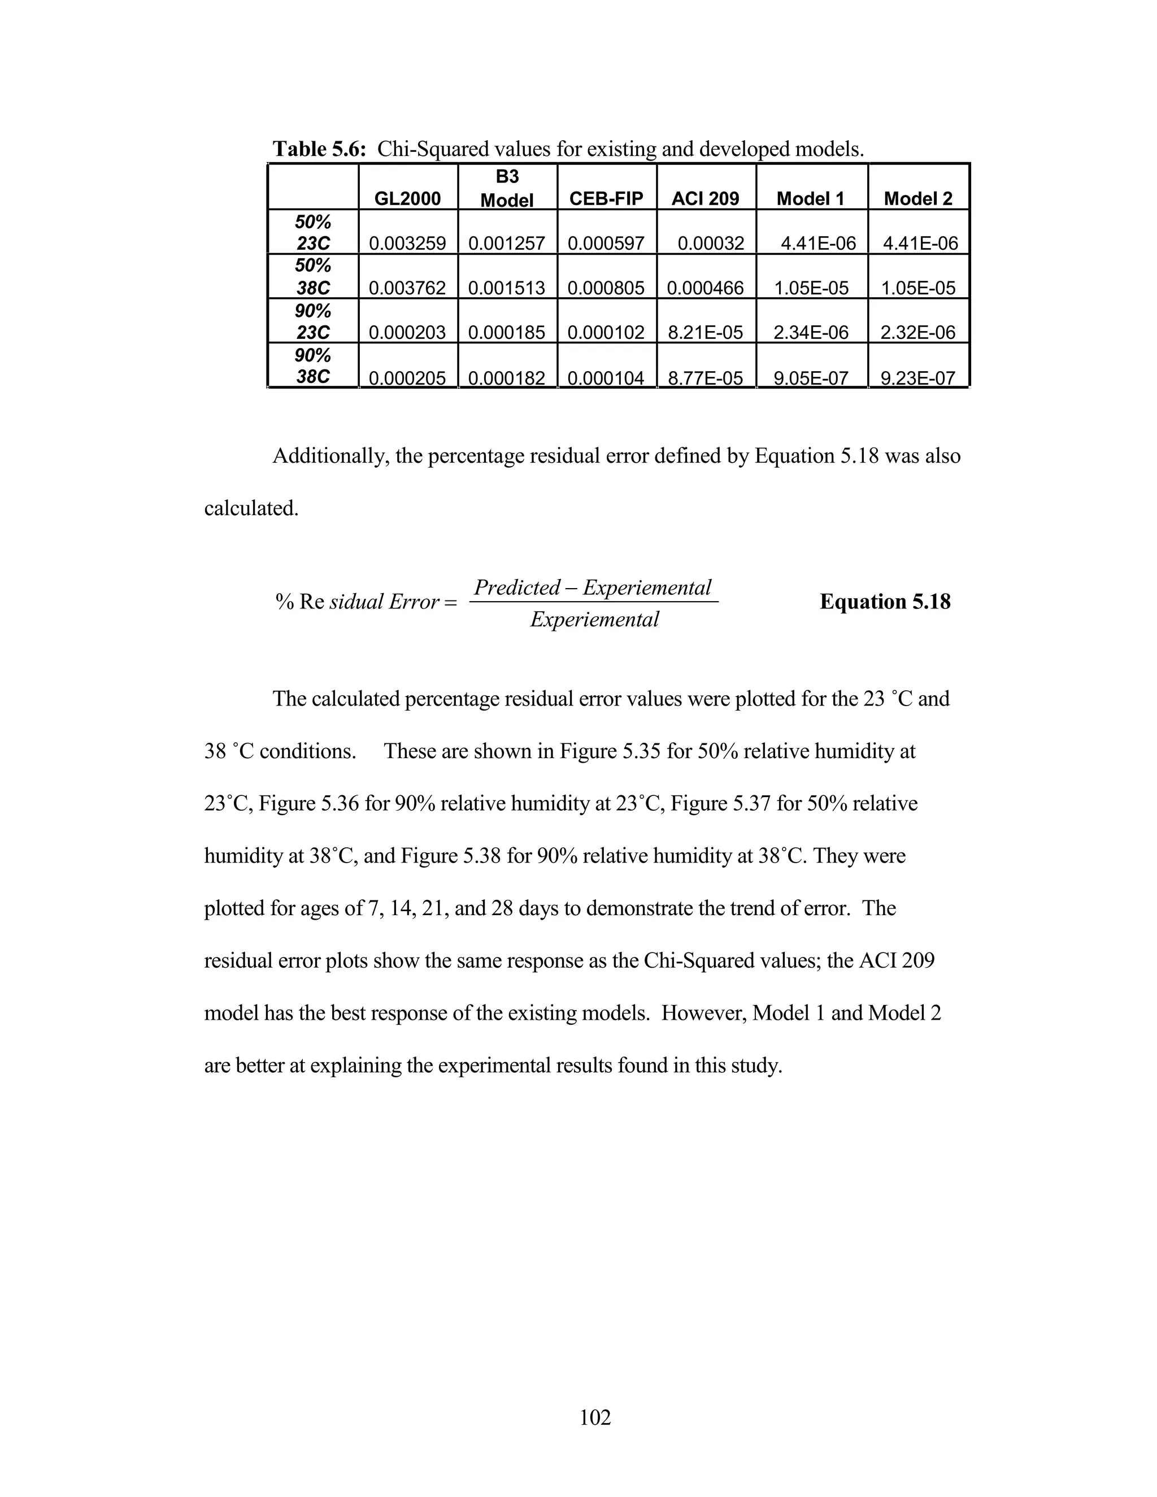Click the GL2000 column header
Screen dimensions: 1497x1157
click(407, 199)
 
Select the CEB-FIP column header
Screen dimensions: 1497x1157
click(606, 199)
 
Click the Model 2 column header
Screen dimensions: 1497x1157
click(918, 199)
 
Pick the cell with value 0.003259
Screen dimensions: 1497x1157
click(407, 243)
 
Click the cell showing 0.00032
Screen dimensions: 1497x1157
click(711, 243)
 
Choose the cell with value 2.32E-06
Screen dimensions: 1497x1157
click(918, 332)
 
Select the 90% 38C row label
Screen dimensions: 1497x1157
click(312, 366)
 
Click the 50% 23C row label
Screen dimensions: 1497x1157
click(312, 232)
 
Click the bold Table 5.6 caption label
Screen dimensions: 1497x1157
click(319, 149)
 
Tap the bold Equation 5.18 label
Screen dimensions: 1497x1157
click(885, 602)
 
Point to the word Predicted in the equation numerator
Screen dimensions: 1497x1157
click(517, 588)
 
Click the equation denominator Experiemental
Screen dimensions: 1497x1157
click(594, 620)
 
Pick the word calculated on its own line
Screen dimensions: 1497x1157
click(251, 508)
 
